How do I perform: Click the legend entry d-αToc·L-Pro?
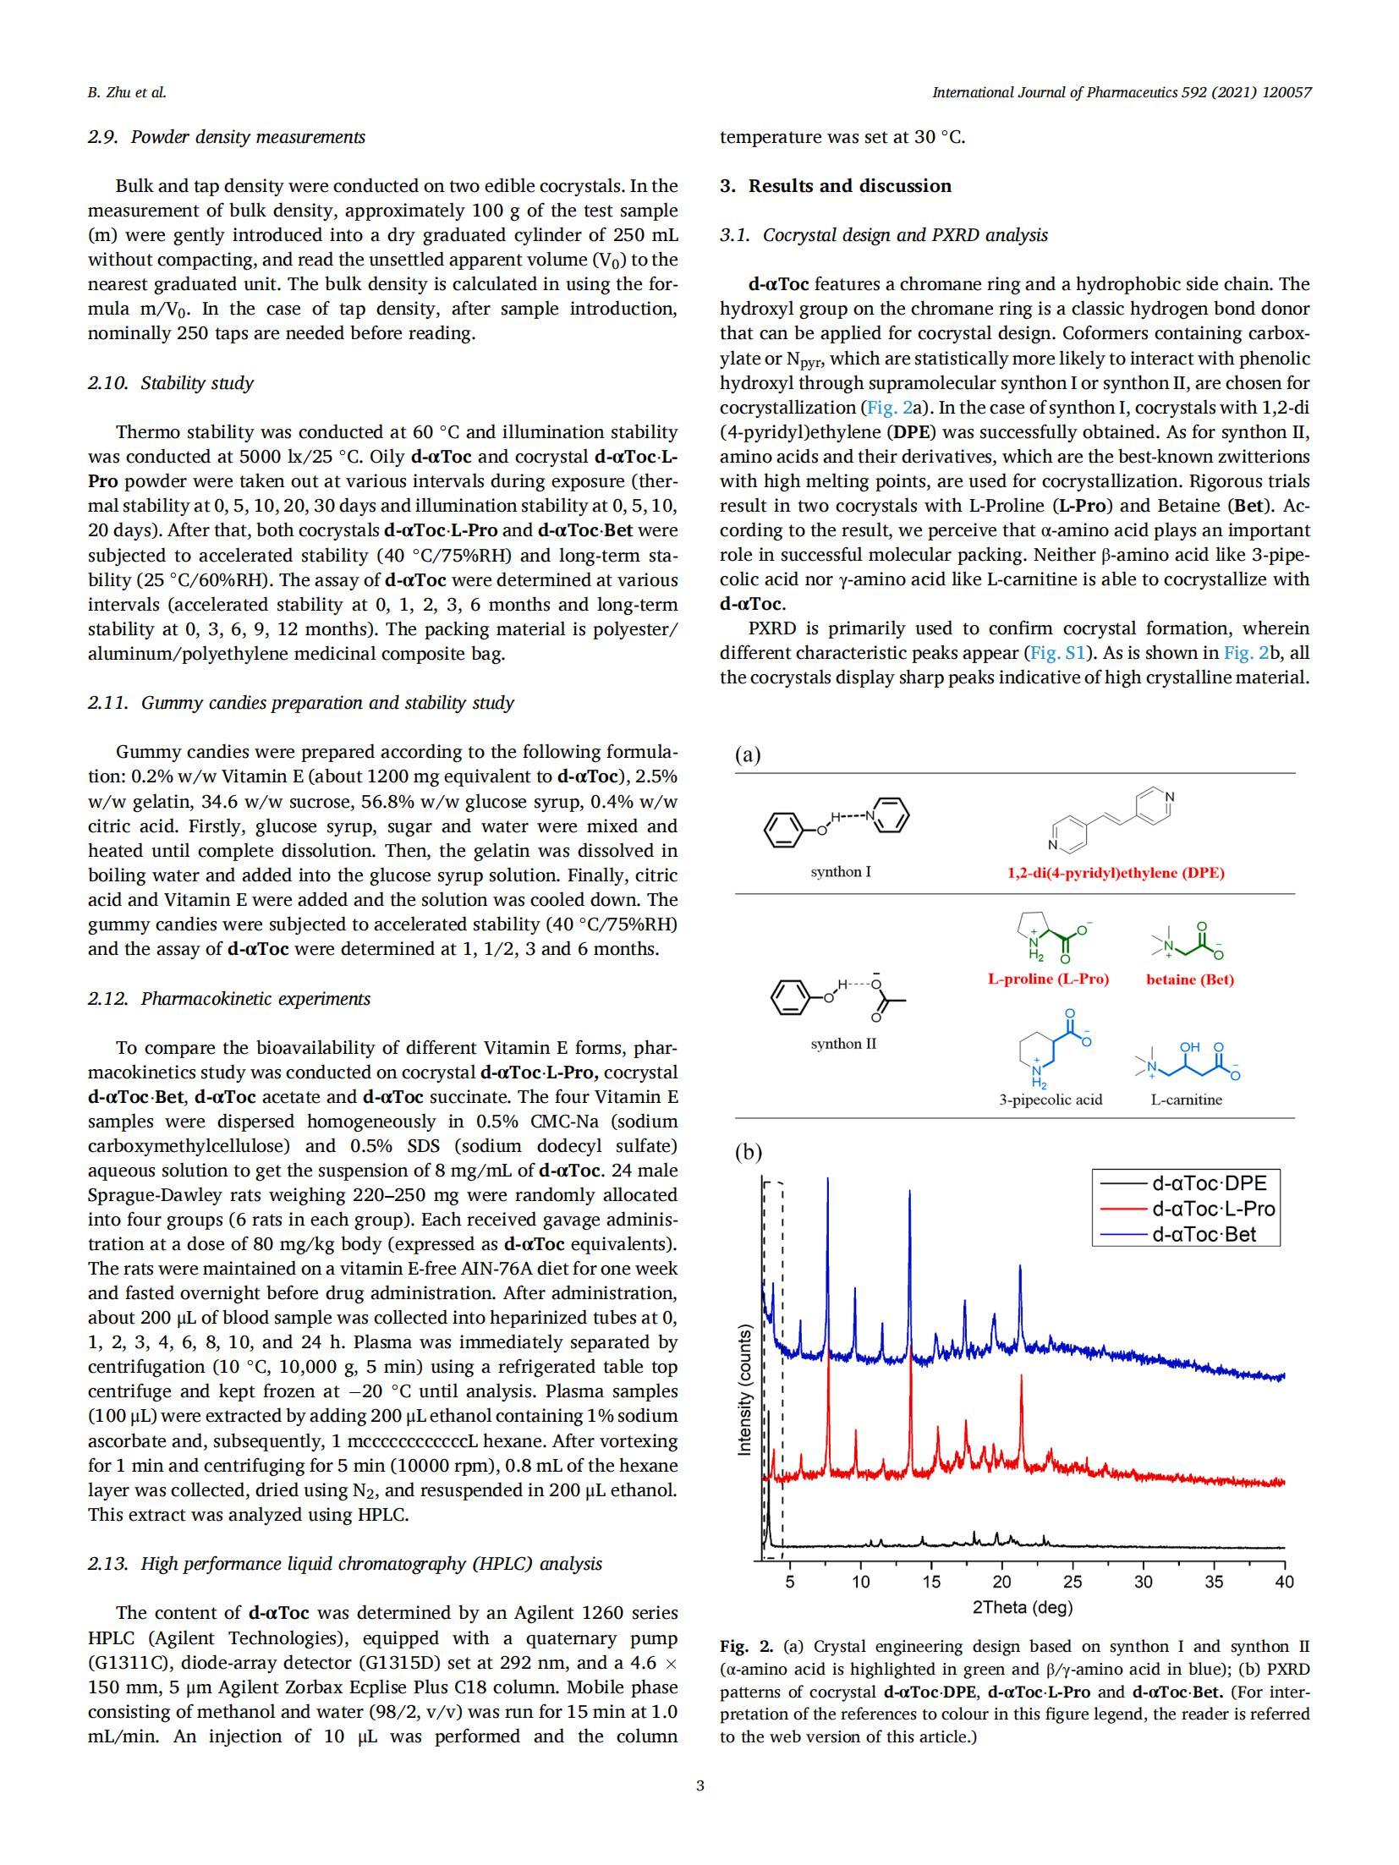pos(1212,1209)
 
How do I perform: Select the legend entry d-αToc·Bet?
pos(1203,1234)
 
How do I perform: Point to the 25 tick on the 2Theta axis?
pos(1072,1581)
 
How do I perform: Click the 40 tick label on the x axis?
pos(1283,1581)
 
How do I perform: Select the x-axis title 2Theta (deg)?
pos(1022,1606)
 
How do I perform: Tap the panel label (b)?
pos(748,1152)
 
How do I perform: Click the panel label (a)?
pos(748,754)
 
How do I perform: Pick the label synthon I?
pos(841,871)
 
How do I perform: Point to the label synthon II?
pos(843,1043)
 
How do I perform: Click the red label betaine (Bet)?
pos(1189,979)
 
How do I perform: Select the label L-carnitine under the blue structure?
pos(1186,1100)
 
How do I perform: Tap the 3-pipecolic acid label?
pos(1051,1100)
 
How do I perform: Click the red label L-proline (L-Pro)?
pos(1048,979)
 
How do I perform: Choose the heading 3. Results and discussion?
pos(836,186)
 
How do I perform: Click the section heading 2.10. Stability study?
pos(171,383)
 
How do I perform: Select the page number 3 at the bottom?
pos(699,1785)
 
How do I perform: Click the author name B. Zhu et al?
pos(127,92)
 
